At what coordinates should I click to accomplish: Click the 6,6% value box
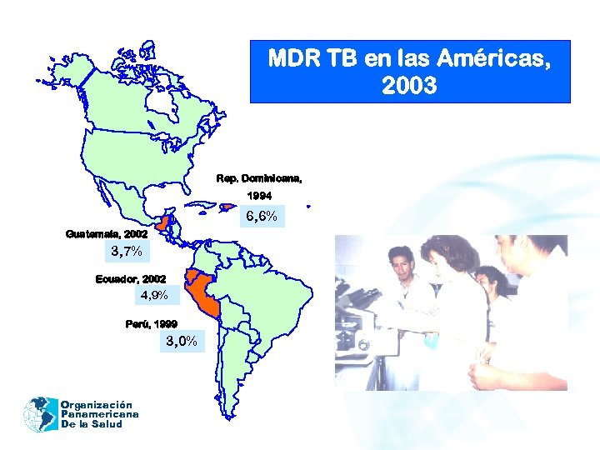coord(262,217)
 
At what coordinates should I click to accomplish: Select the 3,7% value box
coord(125,251)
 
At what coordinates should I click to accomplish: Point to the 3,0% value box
coord(181,340)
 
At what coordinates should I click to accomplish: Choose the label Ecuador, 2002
coord(131,278)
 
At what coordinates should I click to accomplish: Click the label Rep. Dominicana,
coord(259,177)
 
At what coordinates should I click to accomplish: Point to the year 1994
coord(258,196)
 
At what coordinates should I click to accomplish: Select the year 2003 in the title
coord(409,86)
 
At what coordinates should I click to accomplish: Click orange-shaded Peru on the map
coord(204,296)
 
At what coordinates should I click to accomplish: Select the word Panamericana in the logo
coord(99,413)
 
